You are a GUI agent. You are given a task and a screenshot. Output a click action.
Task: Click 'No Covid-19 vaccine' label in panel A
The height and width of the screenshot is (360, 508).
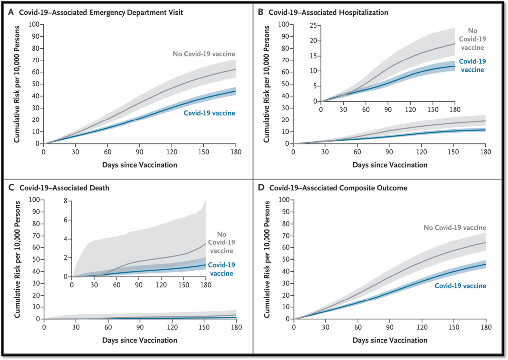tap(203, 54)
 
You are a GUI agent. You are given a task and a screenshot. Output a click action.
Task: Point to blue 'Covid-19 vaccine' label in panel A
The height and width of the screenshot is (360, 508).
tap(210, 113)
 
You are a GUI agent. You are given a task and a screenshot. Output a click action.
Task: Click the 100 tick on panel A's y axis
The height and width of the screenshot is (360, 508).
tap(34, 24)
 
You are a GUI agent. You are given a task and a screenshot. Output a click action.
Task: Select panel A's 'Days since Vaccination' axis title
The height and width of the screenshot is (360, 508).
tap(140, 164)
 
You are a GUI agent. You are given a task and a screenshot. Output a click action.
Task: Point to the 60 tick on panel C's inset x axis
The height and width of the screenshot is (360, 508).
tap(117, 285)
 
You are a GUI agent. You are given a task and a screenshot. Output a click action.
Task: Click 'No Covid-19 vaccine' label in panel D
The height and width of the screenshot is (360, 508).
tap(454, 227)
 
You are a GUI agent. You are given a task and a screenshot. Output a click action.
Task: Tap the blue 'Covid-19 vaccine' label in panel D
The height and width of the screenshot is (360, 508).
tap(460, 286)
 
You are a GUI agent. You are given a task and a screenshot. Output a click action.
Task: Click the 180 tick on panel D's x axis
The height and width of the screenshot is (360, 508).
tap(485, 327)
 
